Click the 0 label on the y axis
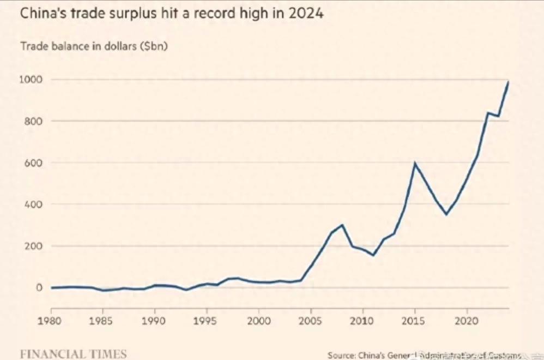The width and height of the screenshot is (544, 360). click(39, 287)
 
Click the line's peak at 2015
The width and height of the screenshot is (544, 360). click(415, 163)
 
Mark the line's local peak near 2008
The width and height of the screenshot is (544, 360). click(342, 225)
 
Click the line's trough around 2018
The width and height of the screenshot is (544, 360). click(446, 214)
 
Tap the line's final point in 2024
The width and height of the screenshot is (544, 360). click(508, 82)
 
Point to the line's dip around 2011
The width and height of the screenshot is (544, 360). click(373, 255)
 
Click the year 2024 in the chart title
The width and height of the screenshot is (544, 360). click(307, 13)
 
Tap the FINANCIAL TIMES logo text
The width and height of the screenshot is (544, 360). click(73, 353)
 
